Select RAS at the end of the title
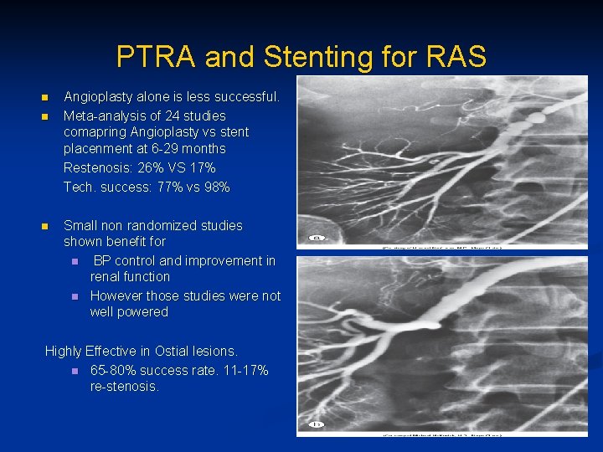455,57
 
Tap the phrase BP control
123,260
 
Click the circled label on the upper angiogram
317,238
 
